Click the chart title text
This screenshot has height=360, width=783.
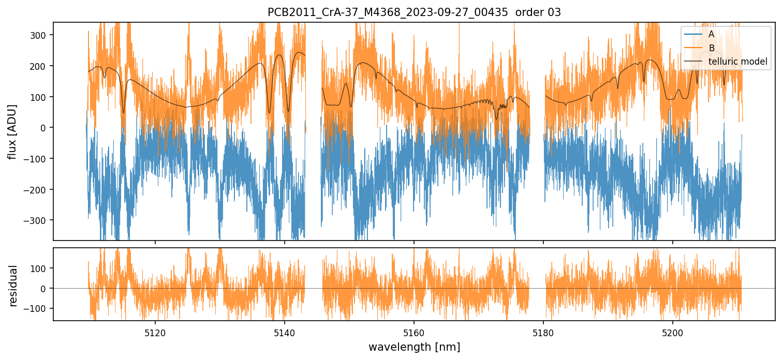(x=414, y=12)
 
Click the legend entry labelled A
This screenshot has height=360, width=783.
(x=711, y=34)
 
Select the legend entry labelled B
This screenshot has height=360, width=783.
(x=711, y=48)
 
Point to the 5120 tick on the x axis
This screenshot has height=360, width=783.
(x=155, y=332)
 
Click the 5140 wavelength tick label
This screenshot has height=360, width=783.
(x=284, y=332)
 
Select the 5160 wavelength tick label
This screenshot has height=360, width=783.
(x=413, y=332)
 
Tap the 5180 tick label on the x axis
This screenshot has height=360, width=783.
(x=543, y=332)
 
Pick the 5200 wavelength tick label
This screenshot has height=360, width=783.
(x=672, y=332)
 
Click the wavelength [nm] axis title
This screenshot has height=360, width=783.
(x=414, y=347)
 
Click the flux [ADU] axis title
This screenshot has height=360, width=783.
(x=12, y=131)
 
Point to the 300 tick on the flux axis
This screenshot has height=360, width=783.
(x=40, y=35)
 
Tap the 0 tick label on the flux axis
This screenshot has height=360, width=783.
(x=45, y=128)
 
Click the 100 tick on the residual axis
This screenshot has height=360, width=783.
(x=40, y=268)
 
